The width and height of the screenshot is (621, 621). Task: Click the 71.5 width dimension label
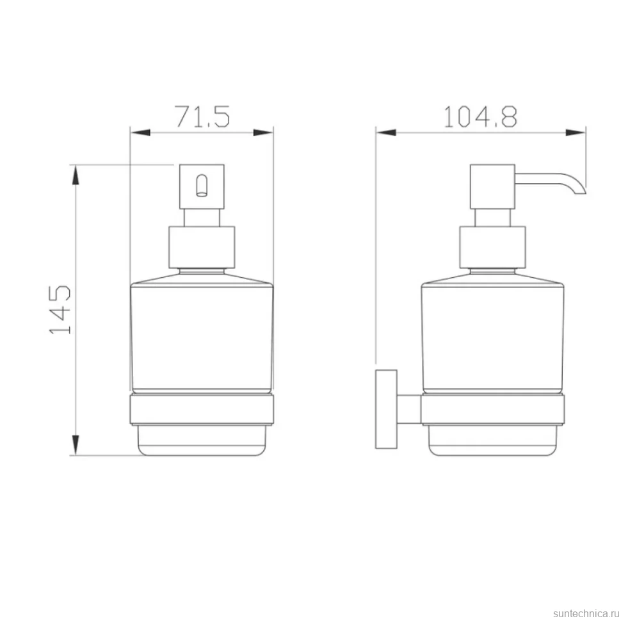pyautogui.click(x=202, y=117)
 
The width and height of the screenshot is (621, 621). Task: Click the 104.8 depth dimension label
pyautogui.click(x=480, y=117)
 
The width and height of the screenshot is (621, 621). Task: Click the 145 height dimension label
pyautogui.click(x=60, y=309)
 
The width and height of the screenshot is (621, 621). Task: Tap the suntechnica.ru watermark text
pyautogui.click(x=586, y=613)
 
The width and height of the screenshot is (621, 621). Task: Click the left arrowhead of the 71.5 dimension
pyautogui.click(x=140, y=133)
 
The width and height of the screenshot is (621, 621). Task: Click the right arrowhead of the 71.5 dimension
pyautogui.click(x=263, y=133)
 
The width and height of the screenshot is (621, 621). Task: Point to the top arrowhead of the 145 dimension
pyautogui.click(x=76, y=175)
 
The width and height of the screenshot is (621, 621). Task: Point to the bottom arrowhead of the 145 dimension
pyautogui.click(x=76, y=445)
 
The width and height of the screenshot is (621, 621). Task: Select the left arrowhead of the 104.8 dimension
pyautogui.click(x=386, y=133)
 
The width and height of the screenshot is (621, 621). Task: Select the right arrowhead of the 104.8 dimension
pyautogui.click(x=576, y=133)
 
